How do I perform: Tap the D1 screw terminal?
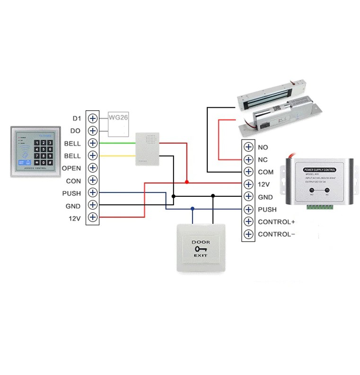(x=93, y=118)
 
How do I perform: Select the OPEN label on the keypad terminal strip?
(x=71, y=168)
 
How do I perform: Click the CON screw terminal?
(x=93, y=180)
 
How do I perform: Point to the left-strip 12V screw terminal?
(x=93, y=218)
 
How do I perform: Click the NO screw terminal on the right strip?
(x=248, y=147)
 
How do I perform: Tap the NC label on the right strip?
(x=263, y=160)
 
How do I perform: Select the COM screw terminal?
(x=248, y=172)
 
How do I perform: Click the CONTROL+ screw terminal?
(x=248, y=221)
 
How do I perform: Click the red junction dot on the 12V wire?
(x=187, y=182)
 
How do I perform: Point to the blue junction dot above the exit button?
(x=192, y=208)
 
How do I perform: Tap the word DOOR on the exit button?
(x=200, y=242)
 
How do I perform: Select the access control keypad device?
(x=35, y=151)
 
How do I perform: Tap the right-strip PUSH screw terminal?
(x=248, y=209)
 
